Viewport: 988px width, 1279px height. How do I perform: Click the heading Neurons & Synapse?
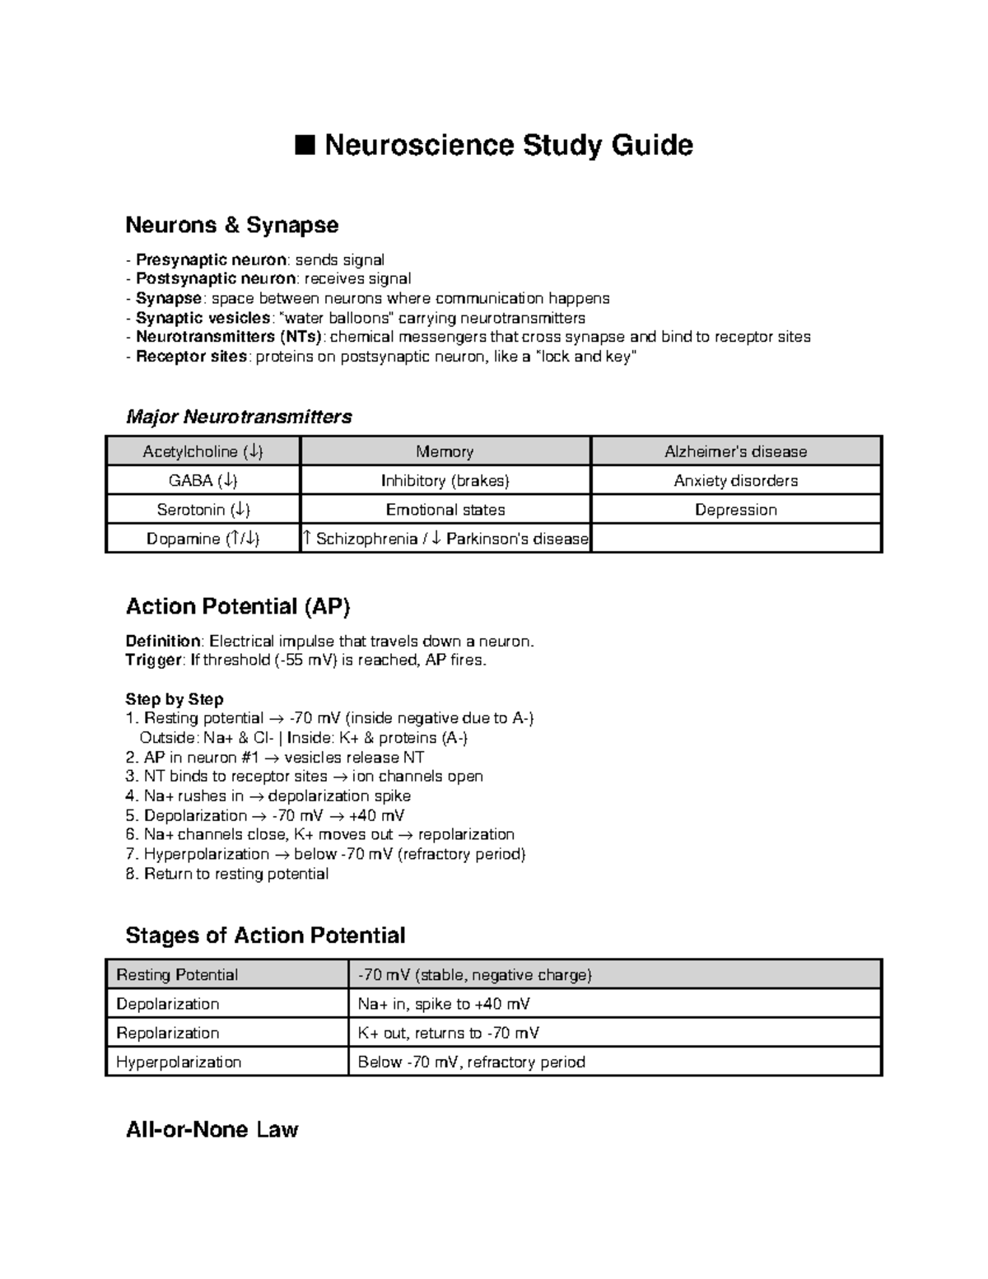click(x=231, y=225)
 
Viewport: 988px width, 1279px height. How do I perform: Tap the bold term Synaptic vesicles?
click(x=203, y=318)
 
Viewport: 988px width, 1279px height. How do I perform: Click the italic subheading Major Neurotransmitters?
click(x=238, y=417)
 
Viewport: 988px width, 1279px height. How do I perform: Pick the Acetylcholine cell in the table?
click(x=203, y=451)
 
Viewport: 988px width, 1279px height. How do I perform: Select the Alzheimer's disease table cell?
click(x=735, y=451)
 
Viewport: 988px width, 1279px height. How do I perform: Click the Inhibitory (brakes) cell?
click(x=445, y=481)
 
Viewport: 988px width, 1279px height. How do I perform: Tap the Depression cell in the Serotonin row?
click(x=735, y=510)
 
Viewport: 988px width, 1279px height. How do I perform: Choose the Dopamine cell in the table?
click(x=203, y=539)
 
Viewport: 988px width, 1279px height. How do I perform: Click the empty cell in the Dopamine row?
click(x=735, y=539)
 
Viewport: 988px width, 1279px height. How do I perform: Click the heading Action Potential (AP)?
click(x=237, y=607)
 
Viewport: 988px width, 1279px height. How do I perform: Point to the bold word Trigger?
click(x=152, y=660)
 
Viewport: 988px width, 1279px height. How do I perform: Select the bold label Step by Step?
click(x=174, y=699)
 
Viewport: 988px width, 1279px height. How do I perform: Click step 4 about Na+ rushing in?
click(x=268, y=796)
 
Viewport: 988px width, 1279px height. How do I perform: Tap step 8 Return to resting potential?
click(x=227, y=874)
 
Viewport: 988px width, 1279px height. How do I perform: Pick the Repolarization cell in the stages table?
click(x=168, y=1033)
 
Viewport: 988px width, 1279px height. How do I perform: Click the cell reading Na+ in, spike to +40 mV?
click(x=444, y=1004)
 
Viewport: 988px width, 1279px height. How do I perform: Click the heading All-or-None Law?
click(x=212, y=1129)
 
